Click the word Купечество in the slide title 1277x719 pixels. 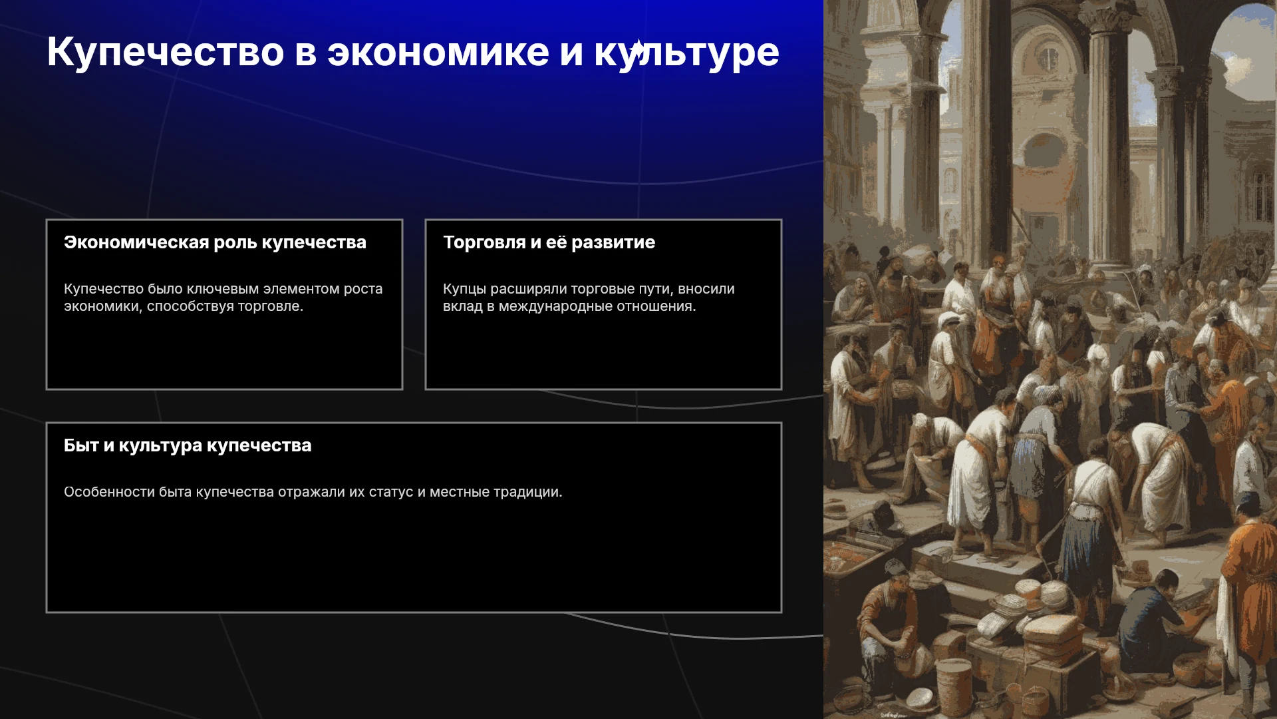[166, 53]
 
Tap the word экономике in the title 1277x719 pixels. [438, 53]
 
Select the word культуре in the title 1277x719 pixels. [686, 53]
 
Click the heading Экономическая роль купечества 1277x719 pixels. [215, 242]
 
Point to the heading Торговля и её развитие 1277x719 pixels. [549, 242]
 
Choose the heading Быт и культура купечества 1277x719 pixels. [188, 445]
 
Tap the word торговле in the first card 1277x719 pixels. [271, 306]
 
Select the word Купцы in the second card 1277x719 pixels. [464, 290]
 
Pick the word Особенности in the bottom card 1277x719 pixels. [109, 492]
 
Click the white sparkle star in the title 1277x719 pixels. [637, 50]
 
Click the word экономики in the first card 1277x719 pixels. [103, 306]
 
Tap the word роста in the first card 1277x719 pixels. [362, 290]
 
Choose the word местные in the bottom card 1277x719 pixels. [460, 493]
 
